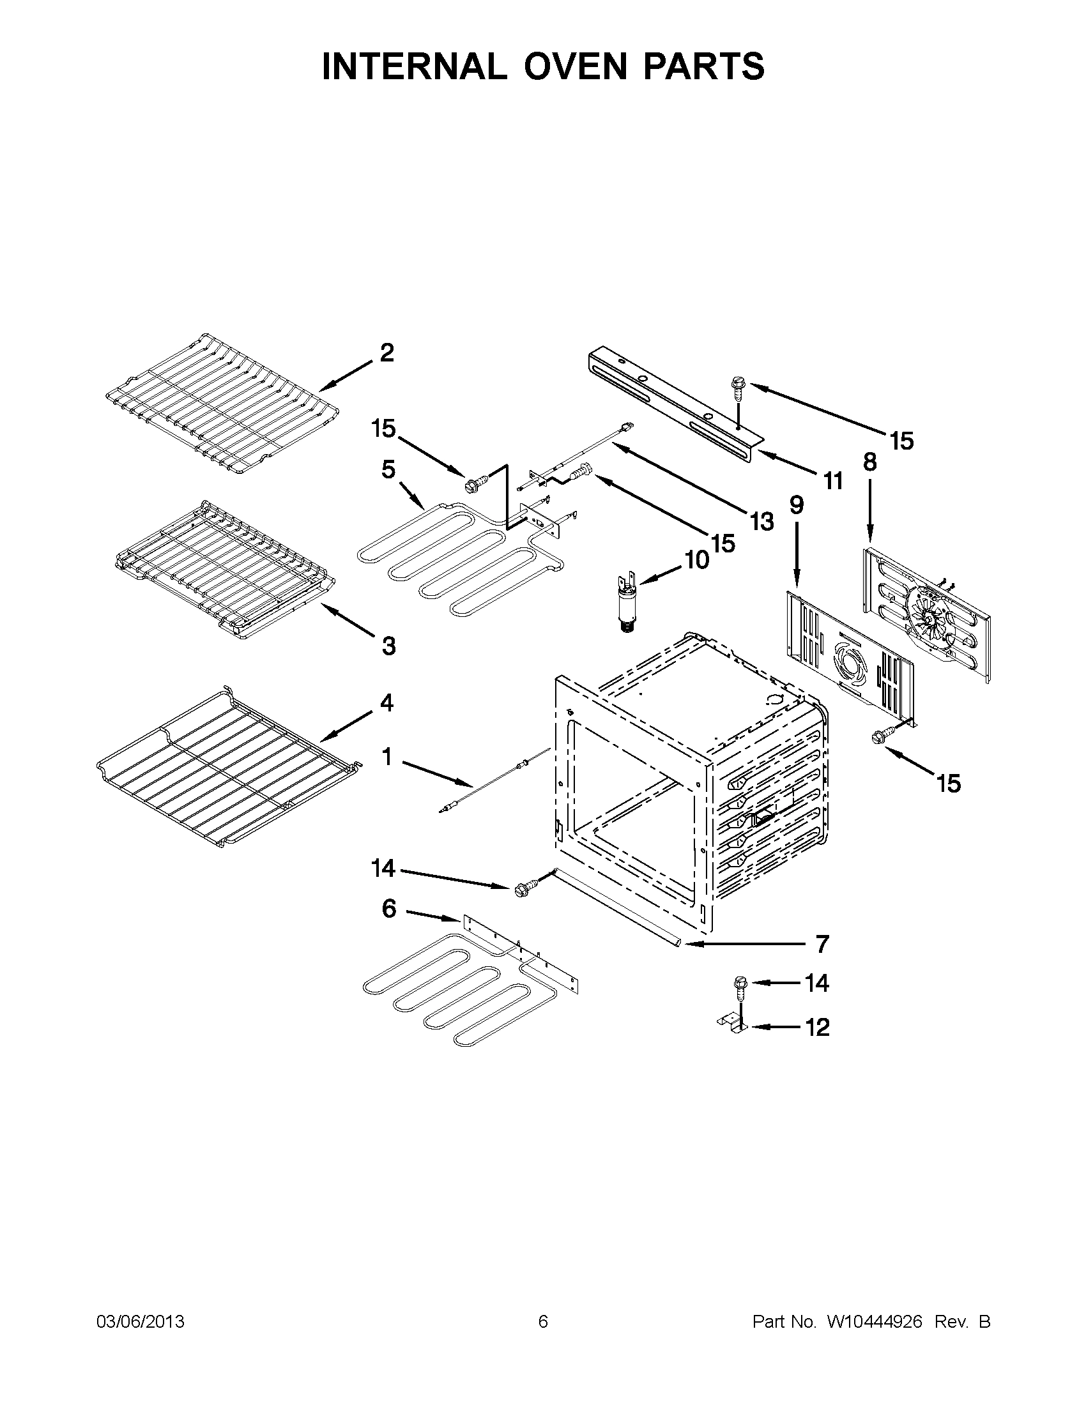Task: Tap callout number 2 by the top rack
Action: pyautogui.click(x=386, y=353)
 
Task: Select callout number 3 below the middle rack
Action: pyautogui.click(x=388, y=646)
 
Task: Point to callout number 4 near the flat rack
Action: pyautogui.click(x=386, y=702)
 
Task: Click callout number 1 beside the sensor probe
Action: pyautogui.click(x=386, y=757)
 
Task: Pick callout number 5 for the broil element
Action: pyautogui.click(x=388, y=469)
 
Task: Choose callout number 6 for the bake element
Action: pyautogui.click(x=389, y=909)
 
